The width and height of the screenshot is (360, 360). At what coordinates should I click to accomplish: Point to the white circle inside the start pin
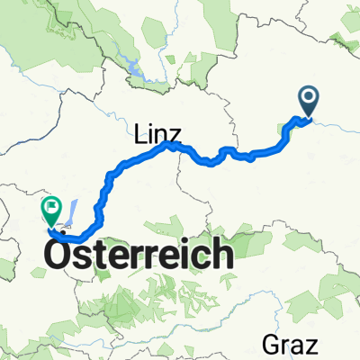tap(308, 96)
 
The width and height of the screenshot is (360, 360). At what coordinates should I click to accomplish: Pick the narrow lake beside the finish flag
tap(73, 210)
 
